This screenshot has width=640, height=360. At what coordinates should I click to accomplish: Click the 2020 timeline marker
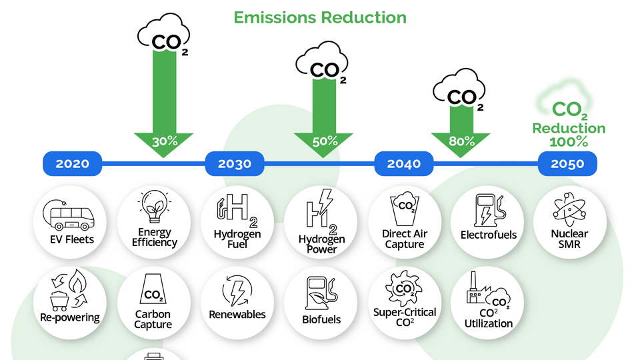click(72, 164)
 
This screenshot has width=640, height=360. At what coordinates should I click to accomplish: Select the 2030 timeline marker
click(235, 164)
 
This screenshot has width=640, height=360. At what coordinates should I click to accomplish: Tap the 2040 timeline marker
click(404, 164)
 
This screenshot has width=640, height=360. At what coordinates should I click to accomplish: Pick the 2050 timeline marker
click(567, 164)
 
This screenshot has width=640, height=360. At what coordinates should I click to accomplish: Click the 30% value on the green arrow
click(164, 141)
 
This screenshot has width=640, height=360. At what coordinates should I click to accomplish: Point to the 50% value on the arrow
click(324, 141)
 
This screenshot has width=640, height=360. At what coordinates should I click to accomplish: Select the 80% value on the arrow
click(461, 141)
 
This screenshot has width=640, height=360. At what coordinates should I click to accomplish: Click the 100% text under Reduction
click(568, 142)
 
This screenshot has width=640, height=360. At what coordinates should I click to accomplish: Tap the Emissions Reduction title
click(320, 17)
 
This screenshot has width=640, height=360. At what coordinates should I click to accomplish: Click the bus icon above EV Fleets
click(69, 213)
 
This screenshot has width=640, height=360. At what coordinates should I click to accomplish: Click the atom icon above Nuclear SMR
click(569, 209)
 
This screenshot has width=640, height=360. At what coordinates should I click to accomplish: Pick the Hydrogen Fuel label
click(237, 239)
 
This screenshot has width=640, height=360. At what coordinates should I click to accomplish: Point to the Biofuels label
click(321, 319)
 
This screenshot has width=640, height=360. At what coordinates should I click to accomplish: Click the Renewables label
click(237, 315)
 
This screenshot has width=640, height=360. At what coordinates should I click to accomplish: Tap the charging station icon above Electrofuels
click(487, 210)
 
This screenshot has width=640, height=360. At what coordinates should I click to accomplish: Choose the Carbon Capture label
click(153, 319)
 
